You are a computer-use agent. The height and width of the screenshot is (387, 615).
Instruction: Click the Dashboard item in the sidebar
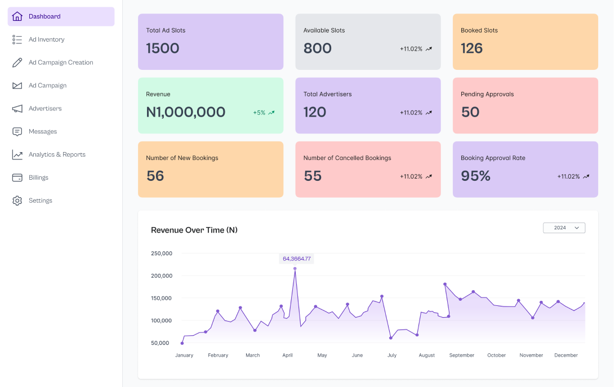44,16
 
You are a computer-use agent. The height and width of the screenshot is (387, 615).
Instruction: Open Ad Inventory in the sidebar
46,39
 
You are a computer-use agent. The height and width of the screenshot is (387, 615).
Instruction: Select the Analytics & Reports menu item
57,154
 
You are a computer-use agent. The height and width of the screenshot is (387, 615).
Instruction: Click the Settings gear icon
17,201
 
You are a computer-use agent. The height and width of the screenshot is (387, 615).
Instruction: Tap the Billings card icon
17,177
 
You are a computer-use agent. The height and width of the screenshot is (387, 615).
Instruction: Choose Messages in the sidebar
43,131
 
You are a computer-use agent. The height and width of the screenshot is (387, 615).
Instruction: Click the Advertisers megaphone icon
17,108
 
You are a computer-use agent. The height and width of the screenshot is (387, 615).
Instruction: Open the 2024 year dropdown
564,228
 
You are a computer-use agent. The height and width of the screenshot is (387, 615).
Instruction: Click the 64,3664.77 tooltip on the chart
296,259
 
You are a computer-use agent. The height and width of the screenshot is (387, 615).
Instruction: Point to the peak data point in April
295,269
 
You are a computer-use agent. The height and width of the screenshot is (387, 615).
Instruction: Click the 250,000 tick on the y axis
162,253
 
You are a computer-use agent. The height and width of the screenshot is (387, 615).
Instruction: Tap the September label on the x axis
462,355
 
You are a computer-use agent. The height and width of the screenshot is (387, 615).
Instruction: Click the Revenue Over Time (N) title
194,230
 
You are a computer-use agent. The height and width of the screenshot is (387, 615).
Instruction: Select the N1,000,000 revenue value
185,112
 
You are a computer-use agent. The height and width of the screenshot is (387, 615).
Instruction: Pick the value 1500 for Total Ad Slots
162,48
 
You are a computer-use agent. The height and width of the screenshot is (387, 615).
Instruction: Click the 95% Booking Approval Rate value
475,176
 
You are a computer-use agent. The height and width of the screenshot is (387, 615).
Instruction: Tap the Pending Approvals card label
487,94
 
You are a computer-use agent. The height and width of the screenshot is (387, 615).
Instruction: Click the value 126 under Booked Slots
471,48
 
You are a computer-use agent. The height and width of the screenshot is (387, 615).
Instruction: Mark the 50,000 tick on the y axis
160,343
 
